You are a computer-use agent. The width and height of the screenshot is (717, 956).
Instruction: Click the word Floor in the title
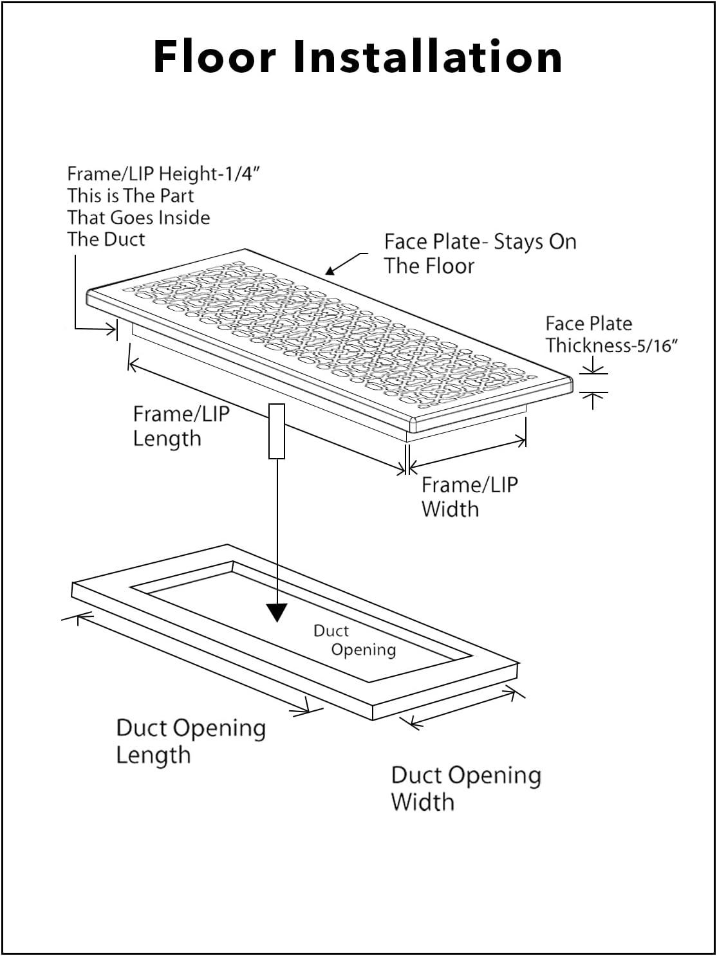pyautogui.click(x=214, y=57)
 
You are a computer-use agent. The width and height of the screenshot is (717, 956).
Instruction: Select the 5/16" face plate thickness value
pyautogui.click(x=656, y=346)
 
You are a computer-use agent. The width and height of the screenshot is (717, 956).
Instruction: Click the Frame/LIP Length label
pyautogui.click(x=180, y=426)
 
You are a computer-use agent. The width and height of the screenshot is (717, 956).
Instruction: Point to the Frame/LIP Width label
pyautogui.click(x=469, y=497)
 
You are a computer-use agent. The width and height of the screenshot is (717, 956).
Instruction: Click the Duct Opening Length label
pyautogui.click(x=191, y=740)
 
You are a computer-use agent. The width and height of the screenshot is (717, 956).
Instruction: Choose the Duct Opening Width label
pyautogui.click(x=465, y=788)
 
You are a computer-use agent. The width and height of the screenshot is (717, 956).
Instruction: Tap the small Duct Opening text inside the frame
pyautogui.click(x=354, y=640)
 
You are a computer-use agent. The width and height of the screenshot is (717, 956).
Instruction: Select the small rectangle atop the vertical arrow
pyautogui.click(x=276, y=431)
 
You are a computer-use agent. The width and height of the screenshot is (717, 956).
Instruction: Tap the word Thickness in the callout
pyautogui.click(x=589, y=346)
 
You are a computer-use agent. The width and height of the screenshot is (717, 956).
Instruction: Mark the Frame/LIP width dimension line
pyautogui.click(x=468, y=453)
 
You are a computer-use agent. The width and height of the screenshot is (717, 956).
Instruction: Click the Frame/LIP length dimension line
pyautogui.click(x=267, y=419)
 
